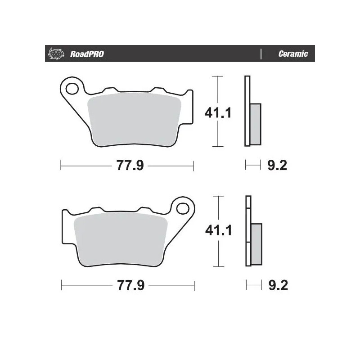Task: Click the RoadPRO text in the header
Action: [x=87, y=54]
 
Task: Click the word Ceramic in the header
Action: [x=293, y=54]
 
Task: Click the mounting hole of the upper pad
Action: [x=72, y=89]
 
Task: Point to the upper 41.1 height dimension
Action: [x=218, y=112]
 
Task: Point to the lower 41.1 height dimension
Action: [x=218, y=231]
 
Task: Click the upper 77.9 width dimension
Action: [x=130, y=166]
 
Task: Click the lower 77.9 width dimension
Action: [x=130, y=285]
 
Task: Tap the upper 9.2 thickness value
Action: [x=277, y=166]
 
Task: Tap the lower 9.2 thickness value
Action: [x=277, y=285]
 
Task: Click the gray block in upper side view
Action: [x=255, y=124]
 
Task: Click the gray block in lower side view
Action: [x=256, y=244]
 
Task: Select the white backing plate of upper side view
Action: [x=247, y=90]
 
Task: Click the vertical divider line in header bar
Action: [x=261, y=54]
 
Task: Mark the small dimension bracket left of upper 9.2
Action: [x=253, y=166]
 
